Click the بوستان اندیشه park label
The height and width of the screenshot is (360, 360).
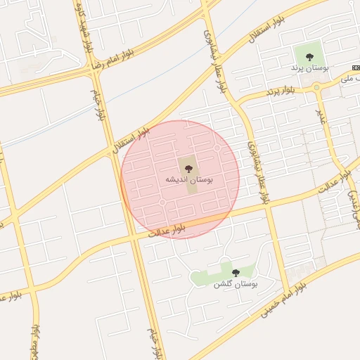point(188,180)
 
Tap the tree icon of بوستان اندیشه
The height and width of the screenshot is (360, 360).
point(188,168)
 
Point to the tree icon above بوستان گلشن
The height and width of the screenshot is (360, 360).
point(236,272)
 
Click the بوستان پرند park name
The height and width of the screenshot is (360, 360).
point(309,67)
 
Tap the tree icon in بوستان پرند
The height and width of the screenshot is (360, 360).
point(309,57)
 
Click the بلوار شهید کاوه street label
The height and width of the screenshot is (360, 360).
point(84,31)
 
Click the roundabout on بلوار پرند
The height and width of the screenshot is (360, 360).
point(317,88)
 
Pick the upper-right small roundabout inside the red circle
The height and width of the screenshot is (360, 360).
point(217,148)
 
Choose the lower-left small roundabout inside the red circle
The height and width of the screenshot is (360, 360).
point(162,202)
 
